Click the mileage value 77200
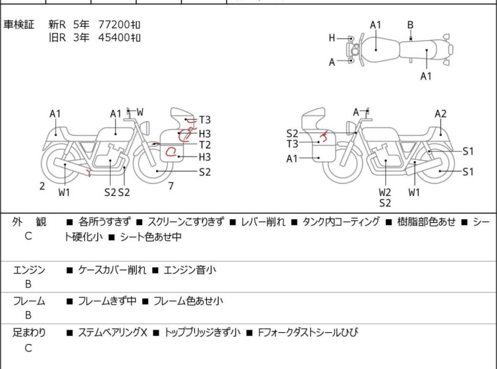114,24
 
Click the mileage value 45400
114,37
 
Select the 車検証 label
18,24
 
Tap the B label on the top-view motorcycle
410,25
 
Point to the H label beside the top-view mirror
332,38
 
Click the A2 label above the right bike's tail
440,114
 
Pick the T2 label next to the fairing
205,145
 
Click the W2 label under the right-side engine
385,192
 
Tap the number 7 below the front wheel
171,186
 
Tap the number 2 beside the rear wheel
42,186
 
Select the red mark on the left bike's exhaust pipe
89,172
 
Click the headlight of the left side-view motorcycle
145,128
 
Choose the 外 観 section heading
29,222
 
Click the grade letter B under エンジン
28,284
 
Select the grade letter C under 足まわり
28,348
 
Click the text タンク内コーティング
341,222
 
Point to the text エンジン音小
190,270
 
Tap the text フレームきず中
107,301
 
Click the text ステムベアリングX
113,333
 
